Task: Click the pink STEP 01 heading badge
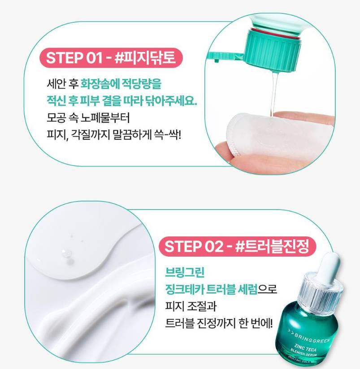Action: (111, 58)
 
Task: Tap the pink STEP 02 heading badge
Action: (237, 247)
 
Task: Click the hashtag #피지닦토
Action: (145, 58)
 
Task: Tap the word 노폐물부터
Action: (105, 118)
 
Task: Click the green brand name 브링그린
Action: (185, 272)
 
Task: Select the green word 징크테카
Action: (184, 289)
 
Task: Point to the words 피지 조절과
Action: (191, 306)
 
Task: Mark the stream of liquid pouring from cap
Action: (274, 94)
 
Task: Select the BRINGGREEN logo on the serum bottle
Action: (308, 336)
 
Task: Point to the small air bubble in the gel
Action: (66, 253)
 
